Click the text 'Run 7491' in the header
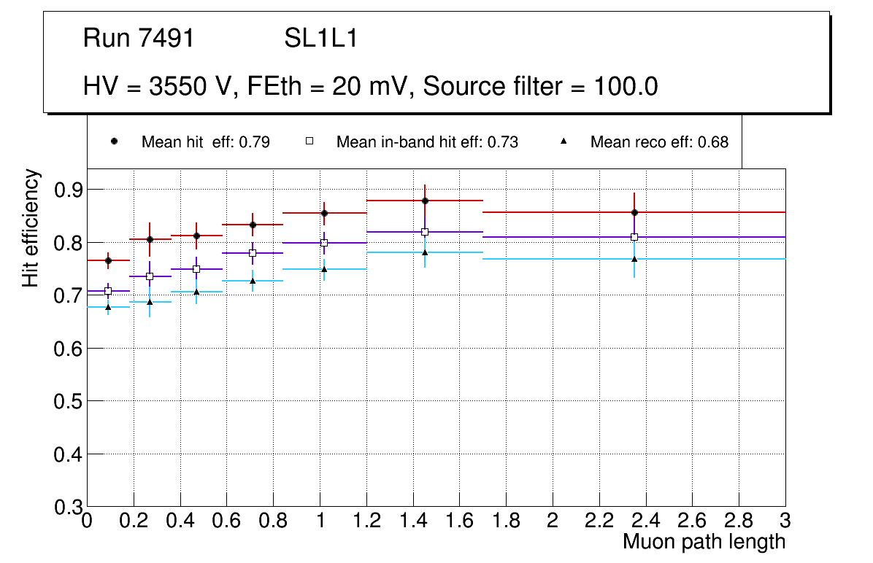tap(139, 39)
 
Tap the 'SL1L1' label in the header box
tap(321, 39)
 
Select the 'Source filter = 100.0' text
tap(541, 87)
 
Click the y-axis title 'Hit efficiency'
tap(31, 228)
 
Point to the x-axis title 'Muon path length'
tap(704, 542)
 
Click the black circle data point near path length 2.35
tap(634, 212)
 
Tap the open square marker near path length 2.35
tap(634, 237)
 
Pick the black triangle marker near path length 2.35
tap(634, 259)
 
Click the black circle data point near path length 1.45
tap(425, 201)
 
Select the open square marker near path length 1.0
tap(324, 243)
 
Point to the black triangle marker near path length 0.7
tap(253, 281)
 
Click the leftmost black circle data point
tap(108, 260)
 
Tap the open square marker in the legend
tap(309, 142)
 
